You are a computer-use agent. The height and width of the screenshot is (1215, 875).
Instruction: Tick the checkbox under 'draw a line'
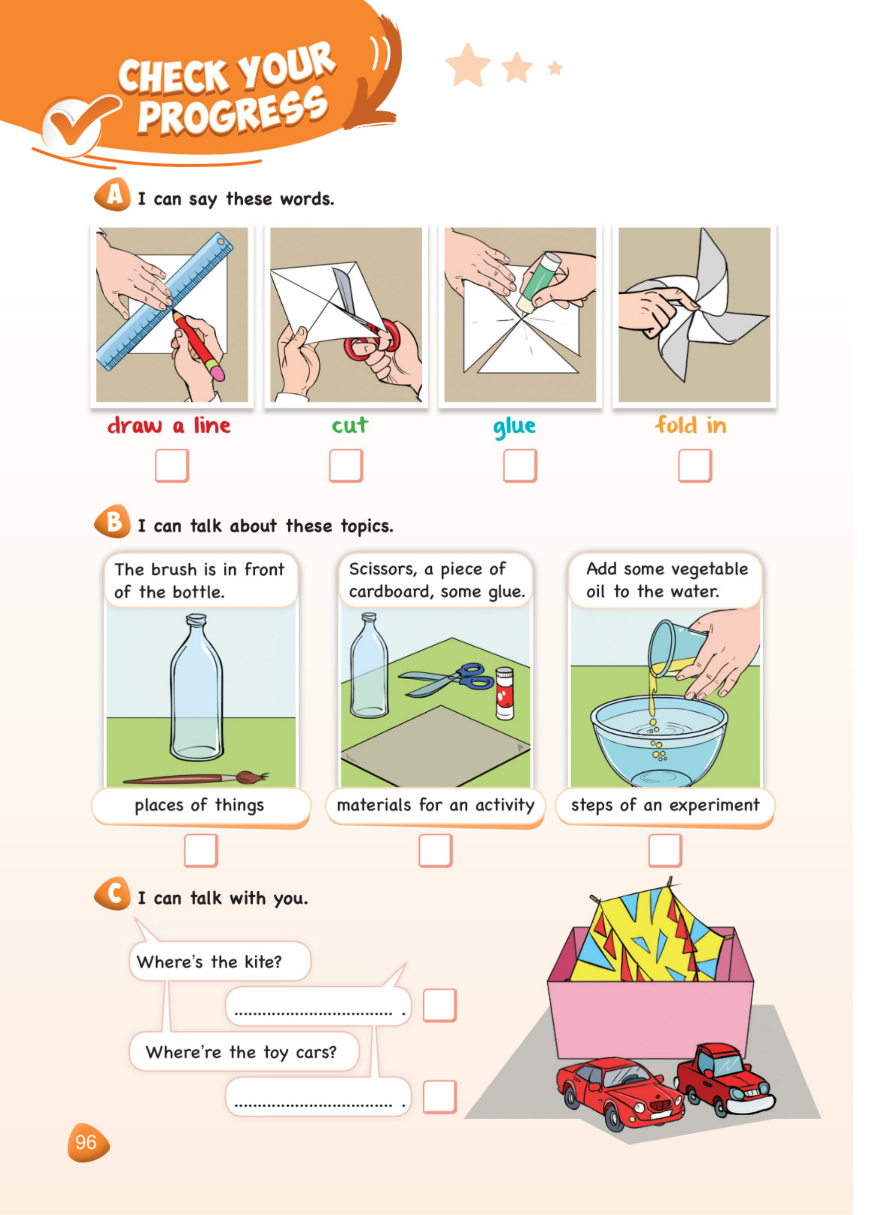pos(172,465)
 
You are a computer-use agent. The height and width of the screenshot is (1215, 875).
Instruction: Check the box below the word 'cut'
pos(345,465)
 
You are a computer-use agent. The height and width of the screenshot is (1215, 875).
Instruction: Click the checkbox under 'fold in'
pos(695,465)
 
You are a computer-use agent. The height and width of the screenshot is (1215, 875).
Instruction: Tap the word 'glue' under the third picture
pos(514,427)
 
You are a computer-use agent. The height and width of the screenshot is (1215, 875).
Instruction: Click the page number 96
pos(86,1142)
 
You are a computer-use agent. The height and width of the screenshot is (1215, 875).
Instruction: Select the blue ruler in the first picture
pos(165,301)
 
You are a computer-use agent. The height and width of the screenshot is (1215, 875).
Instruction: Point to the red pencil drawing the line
pos(198,345)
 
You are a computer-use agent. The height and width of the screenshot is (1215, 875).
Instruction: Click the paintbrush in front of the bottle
pos(196,777)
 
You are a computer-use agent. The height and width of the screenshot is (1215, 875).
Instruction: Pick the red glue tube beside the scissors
pos(504,693)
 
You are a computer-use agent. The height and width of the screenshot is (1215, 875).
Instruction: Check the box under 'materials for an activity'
pos(435,850)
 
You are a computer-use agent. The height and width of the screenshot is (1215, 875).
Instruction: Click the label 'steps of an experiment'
pos(665,804)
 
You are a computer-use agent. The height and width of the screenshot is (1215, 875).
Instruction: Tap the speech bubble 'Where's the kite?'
pos(220,961)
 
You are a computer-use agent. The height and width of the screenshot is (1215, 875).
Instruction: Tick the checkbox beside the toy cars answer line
pos(439,1097)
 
